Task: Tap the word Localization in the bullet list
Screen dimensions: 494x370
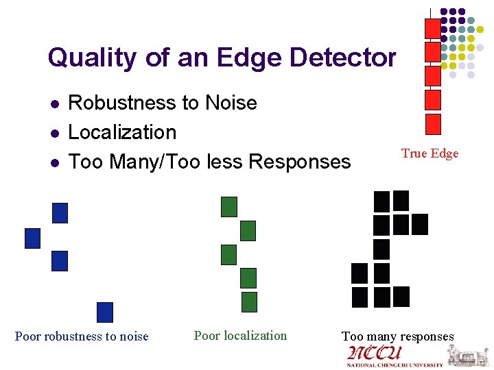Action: (x=122, y=132)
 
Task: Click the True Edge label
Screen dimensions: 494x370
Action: (x=430, y=153)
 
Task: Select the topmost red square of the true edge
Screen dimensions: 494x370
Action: (x=433, y=28)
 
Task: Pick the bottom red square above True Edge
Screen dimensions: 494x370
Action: (x=433, y=124)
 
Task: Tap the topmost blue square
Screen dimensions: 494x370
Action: (x=60, y=213)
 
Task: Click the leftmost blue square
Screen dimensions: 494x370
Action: (x=33, y=238)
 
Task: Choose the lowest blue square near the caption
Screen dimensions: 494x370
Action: (x=104, y=312)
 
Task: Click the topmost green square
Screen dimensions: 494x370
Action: (x=228, y=206)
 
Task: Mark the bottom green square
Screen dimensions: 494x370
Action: (x=249, y=301)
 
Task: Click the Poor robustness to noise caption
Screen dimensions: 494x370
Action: (x=82, y=336)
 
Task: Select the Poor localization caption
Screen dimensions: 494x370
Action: (x=240, y=335)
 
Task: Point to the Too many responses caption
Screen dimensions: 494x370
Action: (x=398, y=336)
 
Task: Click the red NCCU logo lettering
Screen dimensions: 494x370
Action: (x=375, y=354)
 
